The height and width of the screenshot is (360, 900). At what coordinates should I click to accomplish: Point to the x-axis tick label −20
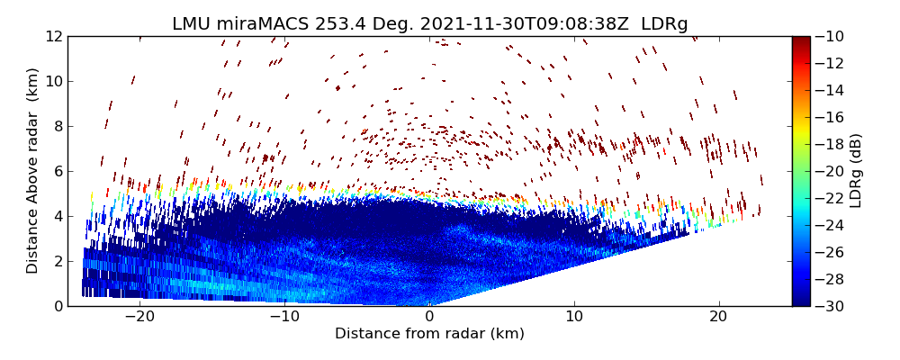[139, 317]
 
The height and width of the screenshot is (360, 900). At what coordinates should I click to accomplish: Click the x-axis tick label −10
[284, 317]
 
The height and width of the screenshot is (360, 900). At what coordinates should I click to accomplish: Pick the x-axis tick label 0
[429, 317]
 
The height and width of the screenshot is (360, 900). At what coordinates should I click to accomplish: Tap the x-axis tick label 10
[574, 317]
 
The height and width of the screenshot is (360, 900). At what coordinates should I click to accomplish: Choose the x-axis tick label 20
[718, 317]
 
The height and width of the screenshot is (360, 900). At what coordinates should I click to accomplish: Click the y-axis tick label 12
[51, 37]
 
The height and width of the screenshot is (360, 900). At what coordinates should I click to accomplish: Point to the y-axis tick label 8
[56, 126]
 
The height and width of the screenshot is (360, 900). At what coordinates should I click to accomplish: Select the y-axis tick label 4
[56, 216]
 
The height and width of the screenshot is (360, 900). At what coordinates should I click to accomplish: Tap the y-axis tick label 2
[56, 261]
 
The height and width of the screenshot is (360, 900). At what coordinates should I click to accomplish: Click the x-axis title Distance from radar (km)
[429, 334]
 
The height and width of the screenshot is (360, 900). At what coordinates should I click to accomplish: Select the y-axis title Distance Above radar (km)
[32, 171]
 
